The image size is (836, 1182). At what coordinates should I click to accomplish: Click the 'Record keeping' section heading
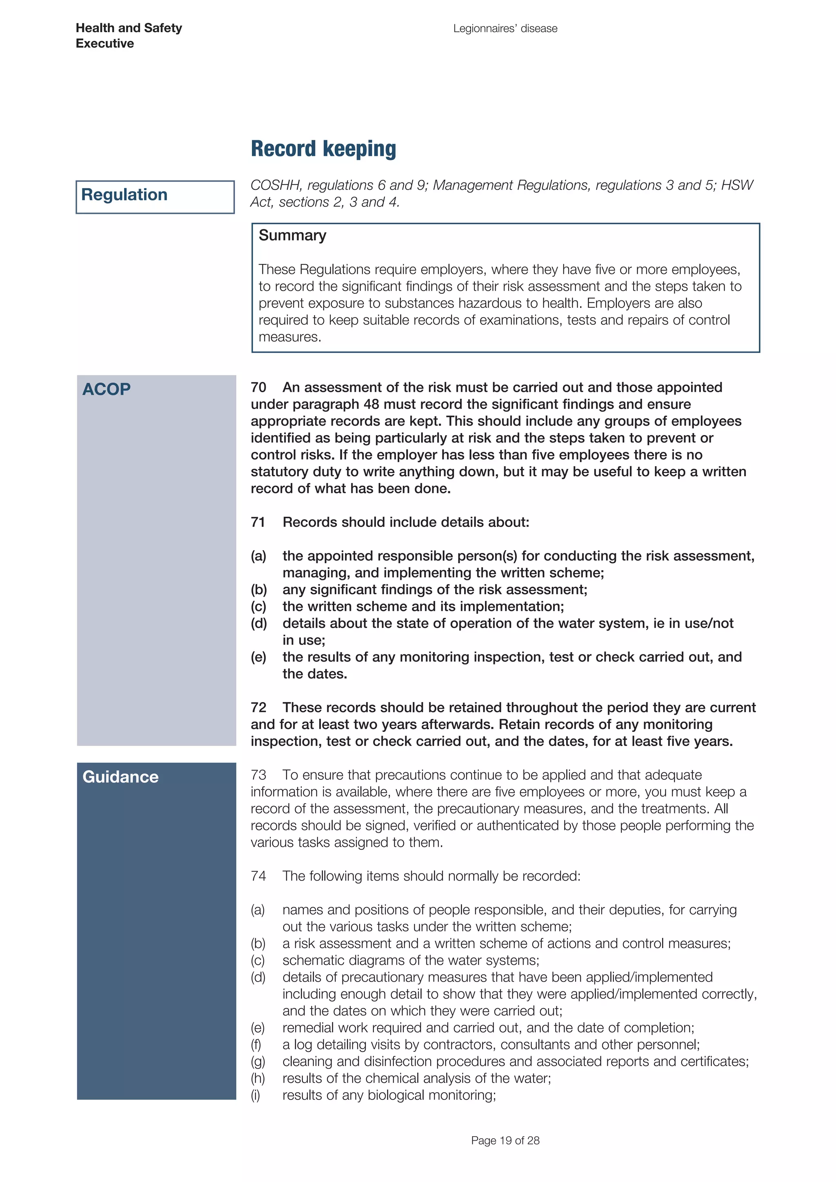click(323, 149)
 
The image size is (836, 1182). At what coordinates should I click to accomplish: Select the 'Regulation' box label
click(124, 195)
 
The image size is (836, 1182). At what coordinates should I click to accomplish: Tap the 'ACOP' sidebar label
click(106, 389)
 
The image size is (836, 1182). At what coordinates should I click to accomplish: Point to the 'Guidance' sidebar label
click(120, 777)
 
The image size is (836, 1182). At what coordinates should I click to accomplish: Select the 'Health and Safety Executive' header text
click(128, 36)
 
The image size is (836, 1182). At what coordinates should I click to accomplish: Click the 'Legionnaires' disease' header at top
click(505, 28)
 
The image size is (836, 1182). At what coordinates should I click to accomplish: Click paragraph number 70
click(258, 387)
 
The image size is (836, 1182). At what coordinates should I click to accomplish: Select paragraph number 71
click(258, 522)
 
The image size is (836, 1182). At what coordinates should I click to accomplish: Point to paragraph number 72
click(258, 707)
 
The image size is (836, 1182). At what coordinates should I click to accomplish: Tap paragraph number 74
click(258, 876)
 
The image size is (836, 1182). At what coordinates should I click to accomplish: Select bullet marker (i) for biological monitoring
click(256, 1095)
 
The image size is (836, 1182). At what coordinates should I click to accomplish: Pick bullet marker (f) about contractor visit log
click(256, 1044)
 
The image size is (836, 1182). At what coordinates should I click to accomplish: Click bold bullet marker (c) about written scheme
click(258, 607)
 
